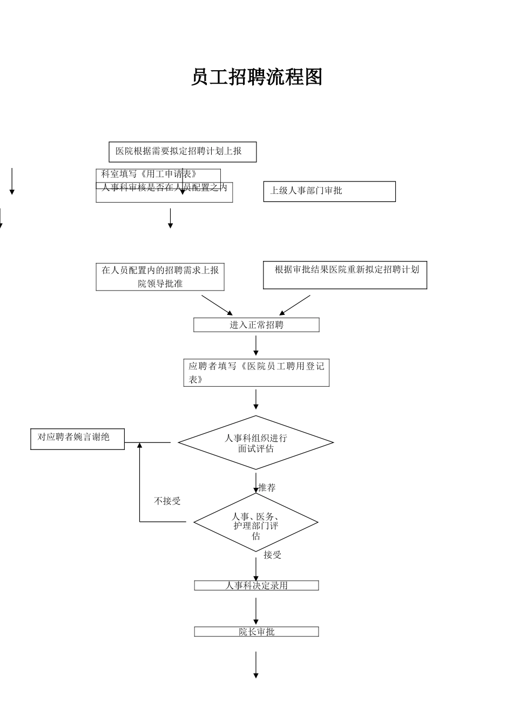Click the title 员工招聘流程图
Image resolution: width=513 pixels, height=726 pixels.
click(256, 77)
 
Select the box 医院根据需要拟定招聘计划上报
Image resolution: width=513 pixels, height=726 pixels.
click(183, 152)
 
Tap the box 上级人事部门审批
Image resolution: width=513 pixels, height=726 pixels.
click(329, 191)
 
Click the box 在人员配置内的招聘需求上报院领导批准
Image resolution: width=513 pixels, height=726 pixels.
click(160, 277)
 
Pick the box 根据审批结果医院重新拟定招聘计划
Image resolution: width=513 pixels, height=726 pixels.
click(345, 275)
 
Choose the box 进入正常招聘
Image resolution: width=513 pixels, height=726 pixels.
click(256, 325)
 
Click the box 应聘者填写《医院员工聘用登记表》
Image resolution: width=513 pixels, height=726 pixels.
click(256, 373)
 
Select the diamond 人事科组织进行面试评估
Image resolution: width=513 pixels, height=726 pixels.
click(256, 443)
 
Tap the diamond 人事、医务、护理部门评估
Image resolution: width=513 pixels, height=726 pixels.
click(256, 522)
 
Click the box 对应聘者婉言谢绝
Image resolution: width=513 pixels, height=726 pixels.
click(77, 439)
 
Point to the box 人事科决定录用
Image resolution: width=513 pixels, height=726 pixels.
click(256, 586)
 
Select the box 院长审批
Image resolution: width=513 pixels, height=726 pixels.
click(256, 631)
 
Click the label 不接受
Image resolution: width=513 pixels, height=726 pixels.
click(167, 501)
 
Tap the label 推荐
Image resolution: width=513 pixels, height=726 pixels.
click(267, 488)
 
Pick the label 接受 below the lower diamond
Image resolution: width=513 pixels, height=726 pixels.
click(273, 555)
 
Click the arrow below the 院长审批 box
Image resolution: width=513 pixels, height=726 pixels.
click(256, 664)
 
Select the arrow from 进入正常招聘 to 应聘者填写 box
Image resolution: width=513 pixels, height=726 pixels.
click(256, 345)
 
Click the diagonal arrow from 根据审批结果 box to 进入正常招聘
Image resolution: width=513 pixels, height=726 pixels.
click(295, 305)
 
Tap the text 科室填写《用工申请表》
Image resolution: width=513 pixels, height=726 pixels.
click(149, 174)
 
